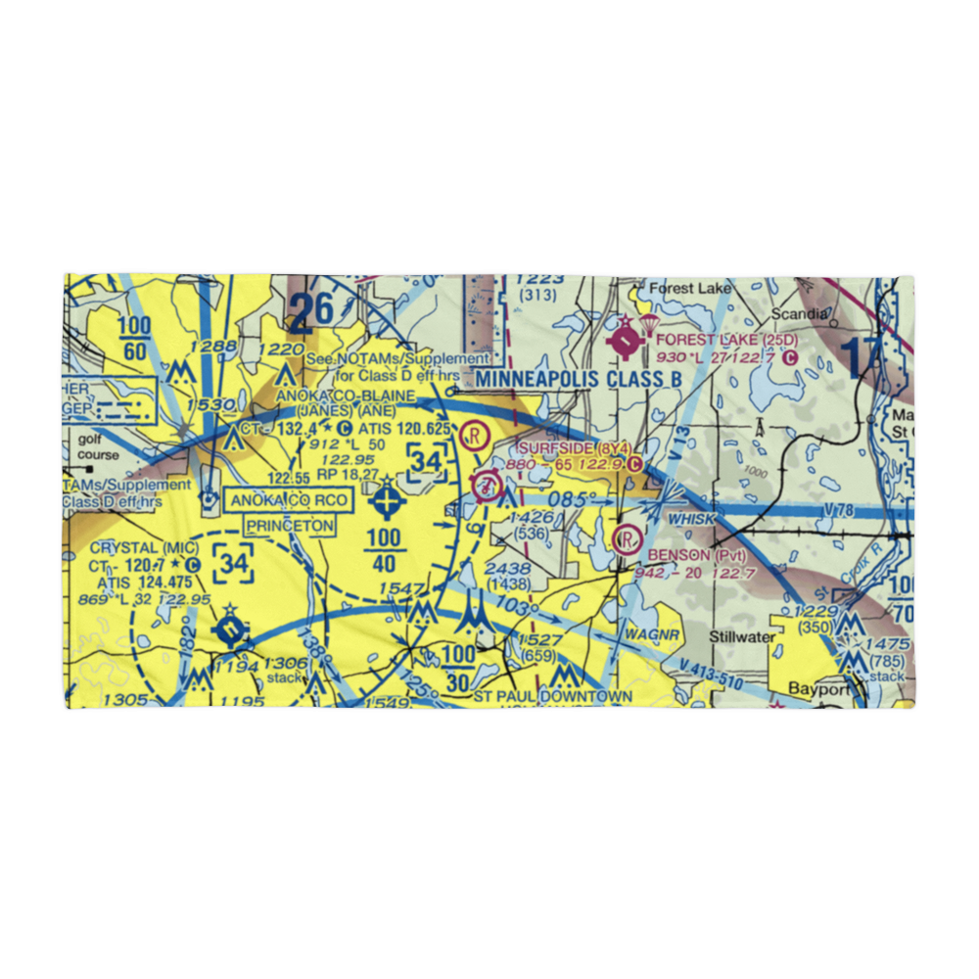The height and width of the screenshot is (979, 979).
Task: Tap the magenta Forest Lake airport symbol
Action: coord(626,342)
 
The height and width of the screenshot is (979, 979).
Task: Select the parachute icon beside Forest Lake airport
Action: coord(648,324)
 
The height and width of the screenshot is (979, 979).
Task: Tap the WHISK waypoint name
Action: coord(692,519)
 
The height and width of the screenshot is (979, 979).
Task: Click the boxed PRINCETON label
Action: coord(290,526)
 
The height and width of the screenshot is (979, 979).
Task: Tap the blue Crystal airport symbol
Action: coord(229,629)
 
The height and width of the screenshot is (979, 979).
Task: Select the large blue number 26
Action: coord(312,310)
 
